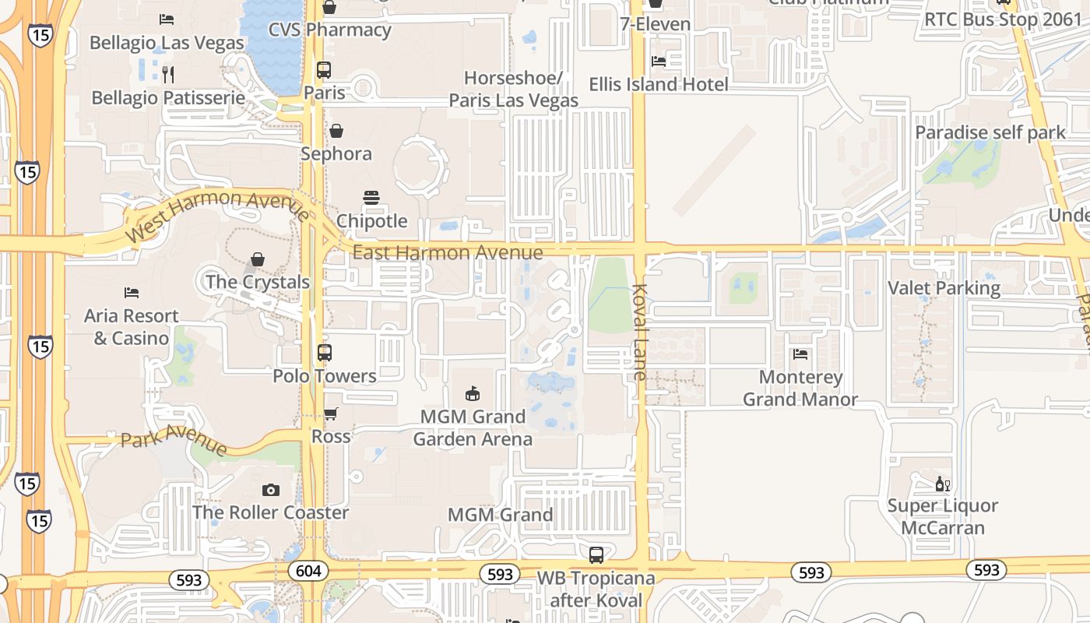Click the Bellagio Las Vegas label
[167, 42]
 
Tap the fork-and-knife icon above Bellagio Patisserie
[167, 74]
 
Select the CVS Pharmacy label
[329, 30]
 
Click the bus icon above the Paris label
[324, 69]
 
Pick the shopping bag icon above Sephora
[336, 131]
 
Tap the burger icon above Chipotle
[371, 198]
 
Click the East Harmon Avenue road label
[448, 252]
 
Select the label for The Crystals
[258, 282]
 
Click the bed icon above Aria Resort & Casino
[132, 293]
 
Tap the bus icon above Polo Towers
[325, 352]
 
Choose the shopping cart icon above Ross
[331, 414]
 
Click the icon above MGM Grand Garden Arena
[473, 392]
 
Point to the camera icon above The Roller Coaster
[271, 490]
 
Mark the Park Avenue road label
[174, 438]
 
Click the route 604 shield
[308, 571]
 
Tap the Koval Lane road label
[640, 332]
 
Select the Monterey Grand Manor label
[800, 388]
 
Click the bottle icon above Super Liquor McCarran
[943, 484]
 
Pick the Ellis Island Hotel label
[659, 84]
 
